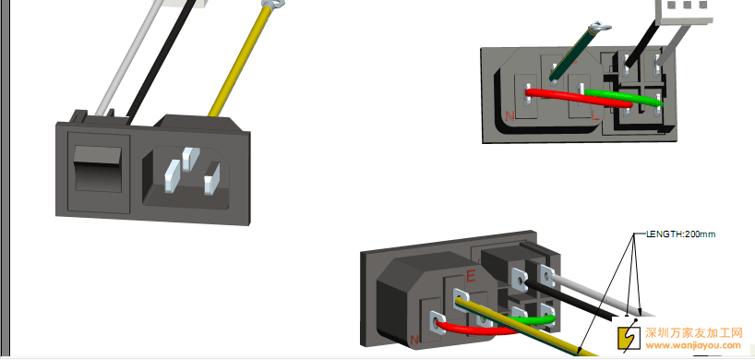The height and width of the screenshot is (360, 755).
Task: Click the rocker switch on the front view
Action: [x=97, y=170]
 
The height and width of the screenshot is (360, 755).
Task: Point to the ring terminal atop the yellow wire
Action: [x=272, y=5]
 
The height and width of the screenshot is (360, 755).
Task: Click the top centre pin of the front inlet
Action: [x=191, y=159]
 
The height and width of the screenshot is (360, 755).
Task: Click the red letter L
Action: [x=595, y=115]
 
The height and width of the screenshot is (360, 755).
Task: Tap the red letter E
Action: [x=471, y=276]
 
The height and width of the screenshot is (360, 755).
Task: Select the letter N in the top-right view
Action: [x=509, y=116]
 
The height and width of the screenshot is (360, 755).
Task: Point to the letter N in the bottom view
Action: [x=414, y=340]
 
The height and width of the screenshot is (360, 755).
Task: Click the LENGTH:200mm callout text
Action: [x=681, y=234]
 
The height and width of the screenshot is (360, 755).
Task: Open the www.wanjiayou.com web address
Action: [x=693, y=345]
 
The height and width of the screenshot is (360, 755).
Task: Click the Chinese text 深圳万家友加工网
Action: [x=694, y=332]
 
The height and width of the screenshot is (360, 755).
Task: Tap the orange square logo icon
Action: [x=629, y=337]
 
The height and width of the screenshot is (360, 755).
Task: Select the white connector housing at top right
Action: [x=684, y=12]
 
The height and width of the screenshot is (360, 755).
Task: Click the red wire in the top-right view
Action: [x=578, y=97]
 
